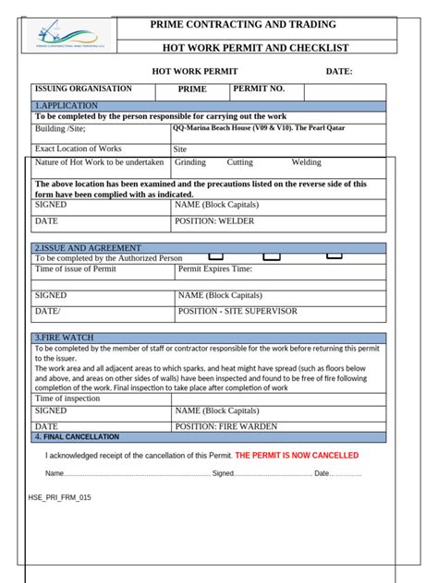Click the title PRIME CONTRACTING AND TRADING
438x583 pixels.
[249, 25]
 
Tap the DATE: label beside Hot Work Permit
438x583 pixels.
[338, 71]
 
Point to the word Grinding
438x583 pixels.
[190, 162]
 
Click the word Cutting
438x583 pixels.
[240, 162]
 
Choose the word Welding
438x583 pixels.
[307, 162]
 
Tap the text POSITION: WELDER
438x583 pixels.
[214, 221]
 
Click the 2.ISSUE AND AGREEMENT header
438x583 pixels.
[88, 248]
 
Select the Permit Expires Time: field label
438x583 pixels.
[214, 269]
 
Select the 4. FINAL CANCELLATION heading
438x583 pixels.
[77, 436]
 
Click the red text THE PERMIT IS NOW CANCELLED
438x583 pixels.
[297, 456]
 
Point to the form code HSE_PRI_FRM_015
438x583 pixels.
[59, 496]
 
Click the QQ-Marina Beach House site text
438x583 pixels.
[259, 128]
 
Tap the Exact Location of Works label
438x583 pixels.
[78, 148]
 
